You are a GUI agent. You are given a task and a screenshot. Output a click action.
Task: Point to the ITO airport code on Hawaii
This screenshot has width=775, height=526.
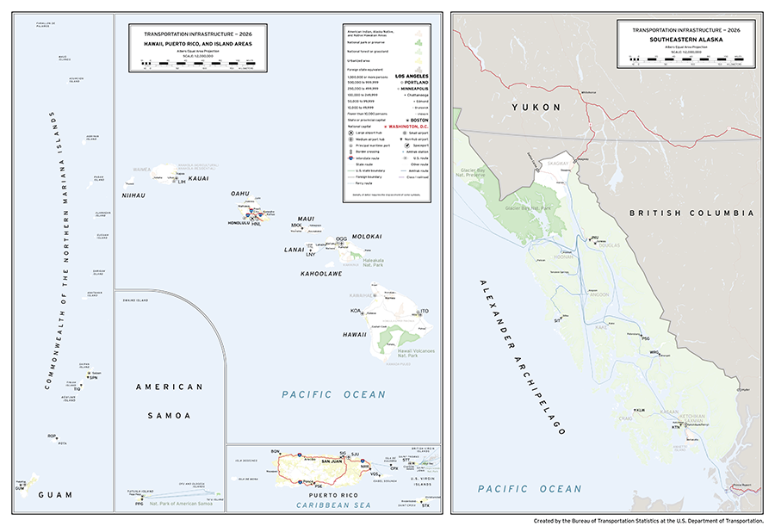point(425,311)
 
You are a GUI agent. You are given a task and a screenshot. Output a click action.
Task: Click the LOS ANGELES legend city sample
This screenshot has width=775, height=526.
point(412,77)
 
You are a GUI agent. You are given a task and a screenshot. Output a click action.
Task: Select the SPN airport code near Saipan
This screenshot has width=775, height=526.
point(93,377)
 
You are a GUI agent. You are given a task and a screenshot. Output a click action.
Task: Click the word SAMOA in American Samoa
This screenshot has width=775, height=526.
point(170,416)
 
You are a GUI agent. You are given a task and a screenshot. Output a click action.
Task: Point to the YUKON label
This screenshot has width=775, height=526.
point(535,107)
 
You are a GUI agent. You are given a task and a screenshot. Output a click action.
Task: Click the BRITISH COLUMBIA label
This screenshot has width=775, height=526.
point(691,213)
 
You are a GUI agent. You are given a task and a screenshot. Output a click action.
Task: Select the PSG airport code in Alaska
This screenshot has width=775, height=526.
point(645,339)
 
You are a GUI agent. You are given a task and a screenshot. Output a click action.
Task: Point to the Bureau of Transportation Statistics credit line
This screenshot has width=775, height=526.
point(648,520)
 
